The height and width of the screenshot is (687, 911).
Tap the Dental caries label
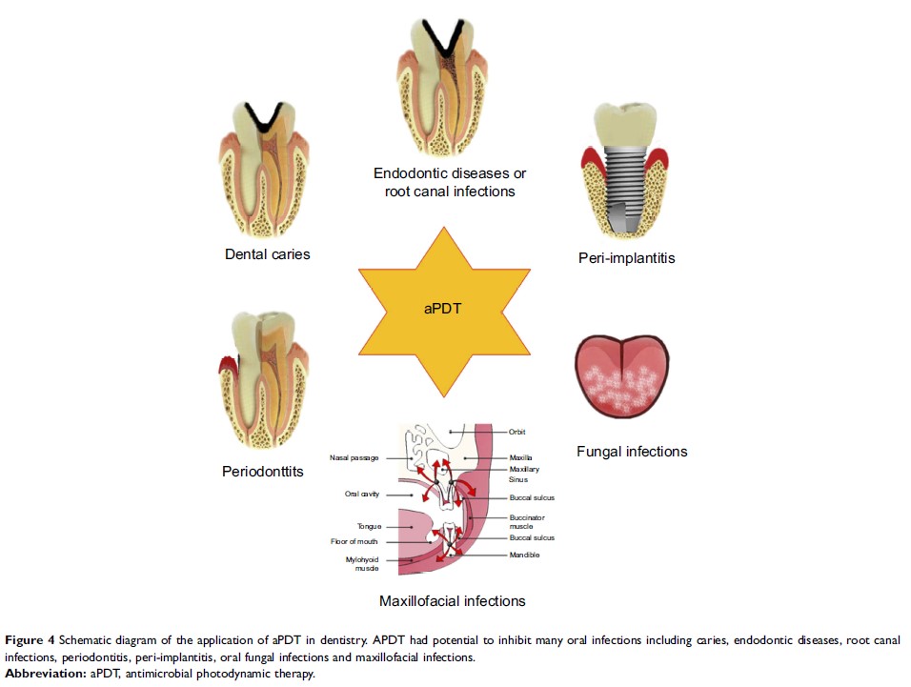coord(268,254)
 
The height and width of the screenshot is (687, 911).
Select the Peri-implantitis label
coord(626,257)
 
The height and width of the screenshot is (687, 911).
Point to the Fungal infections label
coord(632,451)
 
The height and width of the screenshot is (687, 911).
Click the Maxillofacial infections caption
coord(452,600)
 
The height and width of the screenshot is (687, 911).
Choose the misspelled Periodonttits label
coord(264,470)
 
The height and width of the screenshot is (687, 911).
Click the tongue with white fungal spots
coord(621,375)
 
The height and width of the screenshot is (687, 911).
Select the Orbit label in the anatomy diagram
coord(517,432)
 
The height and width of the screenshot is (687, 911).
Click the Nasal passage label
coord(354,458)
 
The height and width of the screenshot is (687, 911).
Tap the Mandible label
coord(525,555)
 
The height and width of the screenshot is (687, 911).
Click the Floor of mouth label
coord(354,541)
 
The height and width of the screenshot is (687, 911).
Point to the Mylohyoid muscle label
coord(362,563)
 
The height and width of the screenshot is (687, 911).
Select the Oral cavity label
coord(363,494)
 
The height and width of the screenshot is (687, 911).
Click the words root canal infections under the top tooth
coord(450,192)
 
